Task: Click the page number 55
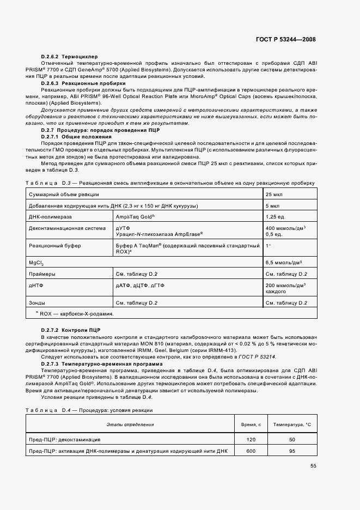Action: click(313, 465)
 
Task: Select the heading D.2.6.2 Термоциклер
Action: click(69, 57)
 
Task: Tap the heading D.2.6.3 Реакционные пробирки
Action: click(83, 83)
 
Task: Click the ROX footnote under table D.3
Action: click(74, 314)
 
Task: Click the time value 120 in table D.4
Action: click(251, 439)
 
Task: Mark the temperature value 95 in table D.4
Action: click(291, 451)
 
